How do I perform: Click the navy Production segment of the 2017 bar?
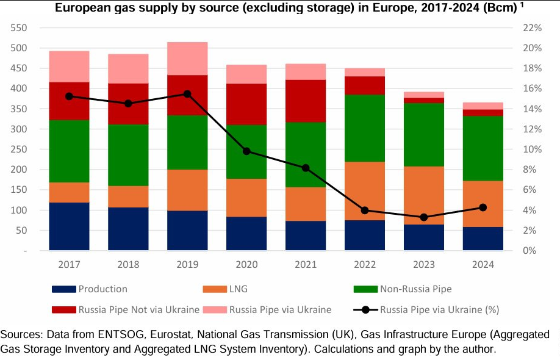point(70,226)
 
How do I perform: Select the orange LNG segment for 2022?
point(365,191)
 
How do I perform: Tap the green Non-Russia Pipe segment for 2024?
point(483,148)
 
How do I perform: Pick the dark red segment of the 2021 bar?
point(306,101)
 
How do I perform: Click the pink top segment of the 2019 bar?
point(187,59)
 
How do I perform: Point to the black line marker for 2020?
point(246,151)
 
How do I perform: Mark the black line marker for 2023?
point(424,217)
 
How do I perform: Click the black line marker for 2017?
point(70,96)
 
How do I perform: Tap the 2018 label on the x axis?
point(128,265)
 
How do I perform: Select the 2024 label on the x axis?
point(483,265)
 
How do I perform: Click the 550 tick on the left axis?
point(18,28)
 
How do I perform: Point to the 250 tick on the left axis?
point(18,149)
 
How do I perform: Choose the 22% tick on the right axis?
point(532,28)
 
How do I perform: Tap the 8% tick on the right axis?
point(529,170)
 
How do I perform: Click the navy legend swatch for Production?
point(64,289)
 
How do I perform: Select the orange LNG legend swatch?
point(215,289)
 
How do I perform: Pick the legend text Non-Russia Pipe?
point(415,289)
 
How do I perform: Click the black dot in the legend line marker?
point(365,309)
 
